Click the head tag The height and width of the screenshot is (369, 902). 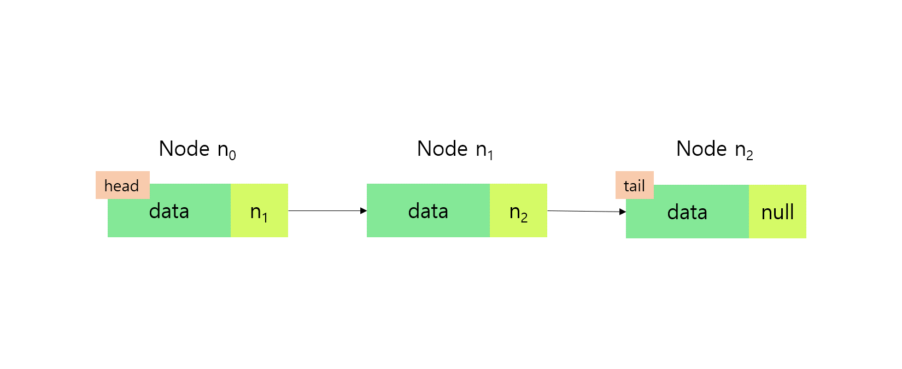pos(122,185)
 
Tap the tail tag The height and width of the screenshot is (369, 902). pos(634,185)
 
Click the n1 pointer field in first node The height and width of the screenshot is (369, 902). pos(259,211)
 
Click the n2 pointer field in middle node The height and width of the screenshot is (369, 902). pos(518,211)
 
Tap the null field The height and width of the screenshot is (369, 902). pos(777,212)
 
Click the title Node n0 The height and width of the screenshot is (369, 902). pos(197,149)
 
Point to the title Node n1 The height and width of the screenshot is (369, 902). pos(455,149)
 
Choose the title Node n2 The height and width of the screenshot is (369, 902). pos(714,149)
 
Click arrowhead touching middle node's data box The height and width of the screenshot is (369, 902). pos(364,210)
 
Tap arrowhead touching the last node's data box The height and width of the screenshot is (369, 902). pos(623,212)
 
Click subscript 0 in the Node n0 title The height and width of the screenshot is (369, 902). pos(232,156)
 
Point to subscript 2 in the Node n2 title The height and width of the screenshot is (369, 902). pos(749,156)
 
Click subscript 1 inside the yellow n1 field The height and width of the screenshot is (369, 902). pos(265,218)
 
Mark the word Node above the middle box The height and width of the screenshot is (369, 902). pos(443,149)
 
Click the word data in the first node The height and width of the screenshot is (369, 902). pos(169,211)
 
